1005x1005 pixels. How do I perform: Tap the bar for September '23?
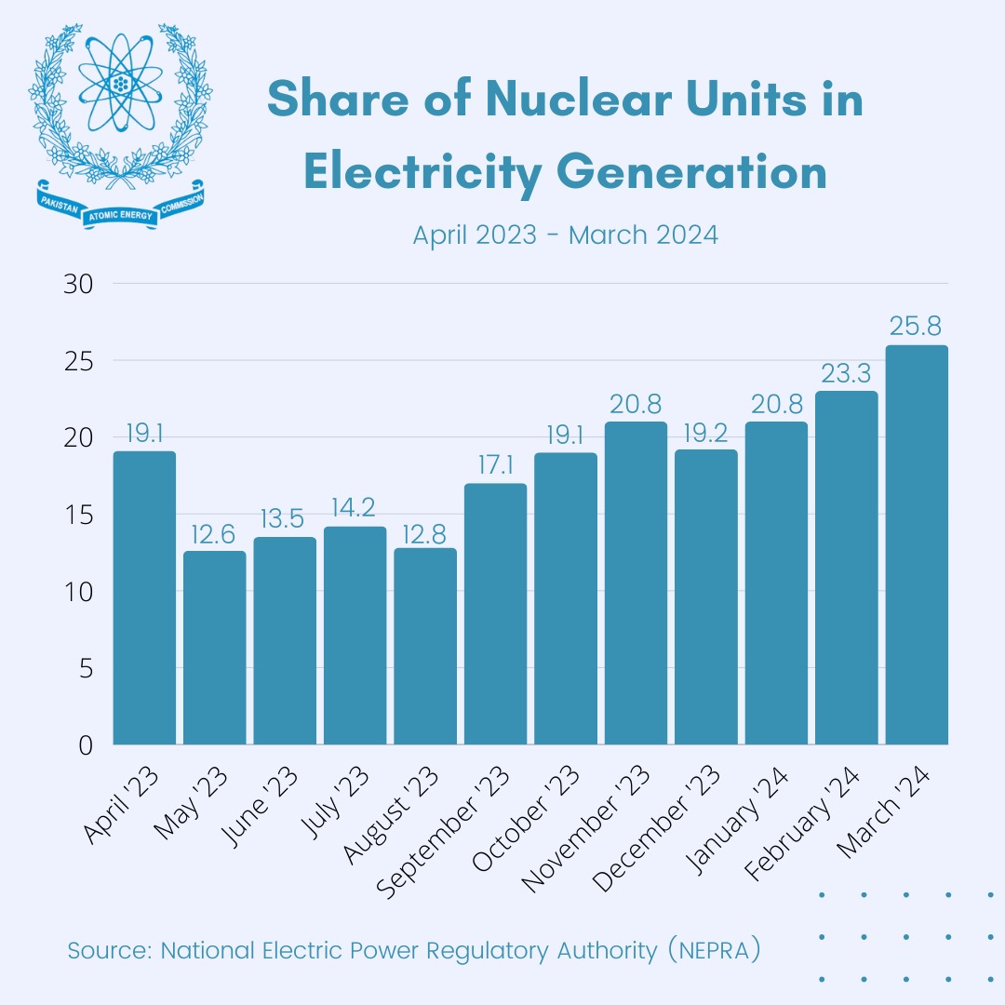495,614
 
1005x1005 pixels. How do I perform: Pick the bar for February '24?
846,568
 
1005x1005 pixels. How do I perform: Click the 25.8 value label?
917,327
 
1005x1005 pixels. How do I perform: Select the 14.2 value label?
355,509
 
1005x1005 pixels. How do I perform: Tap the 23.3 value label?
846,373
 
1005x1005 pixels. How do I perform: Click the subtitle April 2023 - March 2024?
565,234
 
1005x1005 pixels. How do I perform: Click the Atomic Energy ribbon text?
119,215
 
